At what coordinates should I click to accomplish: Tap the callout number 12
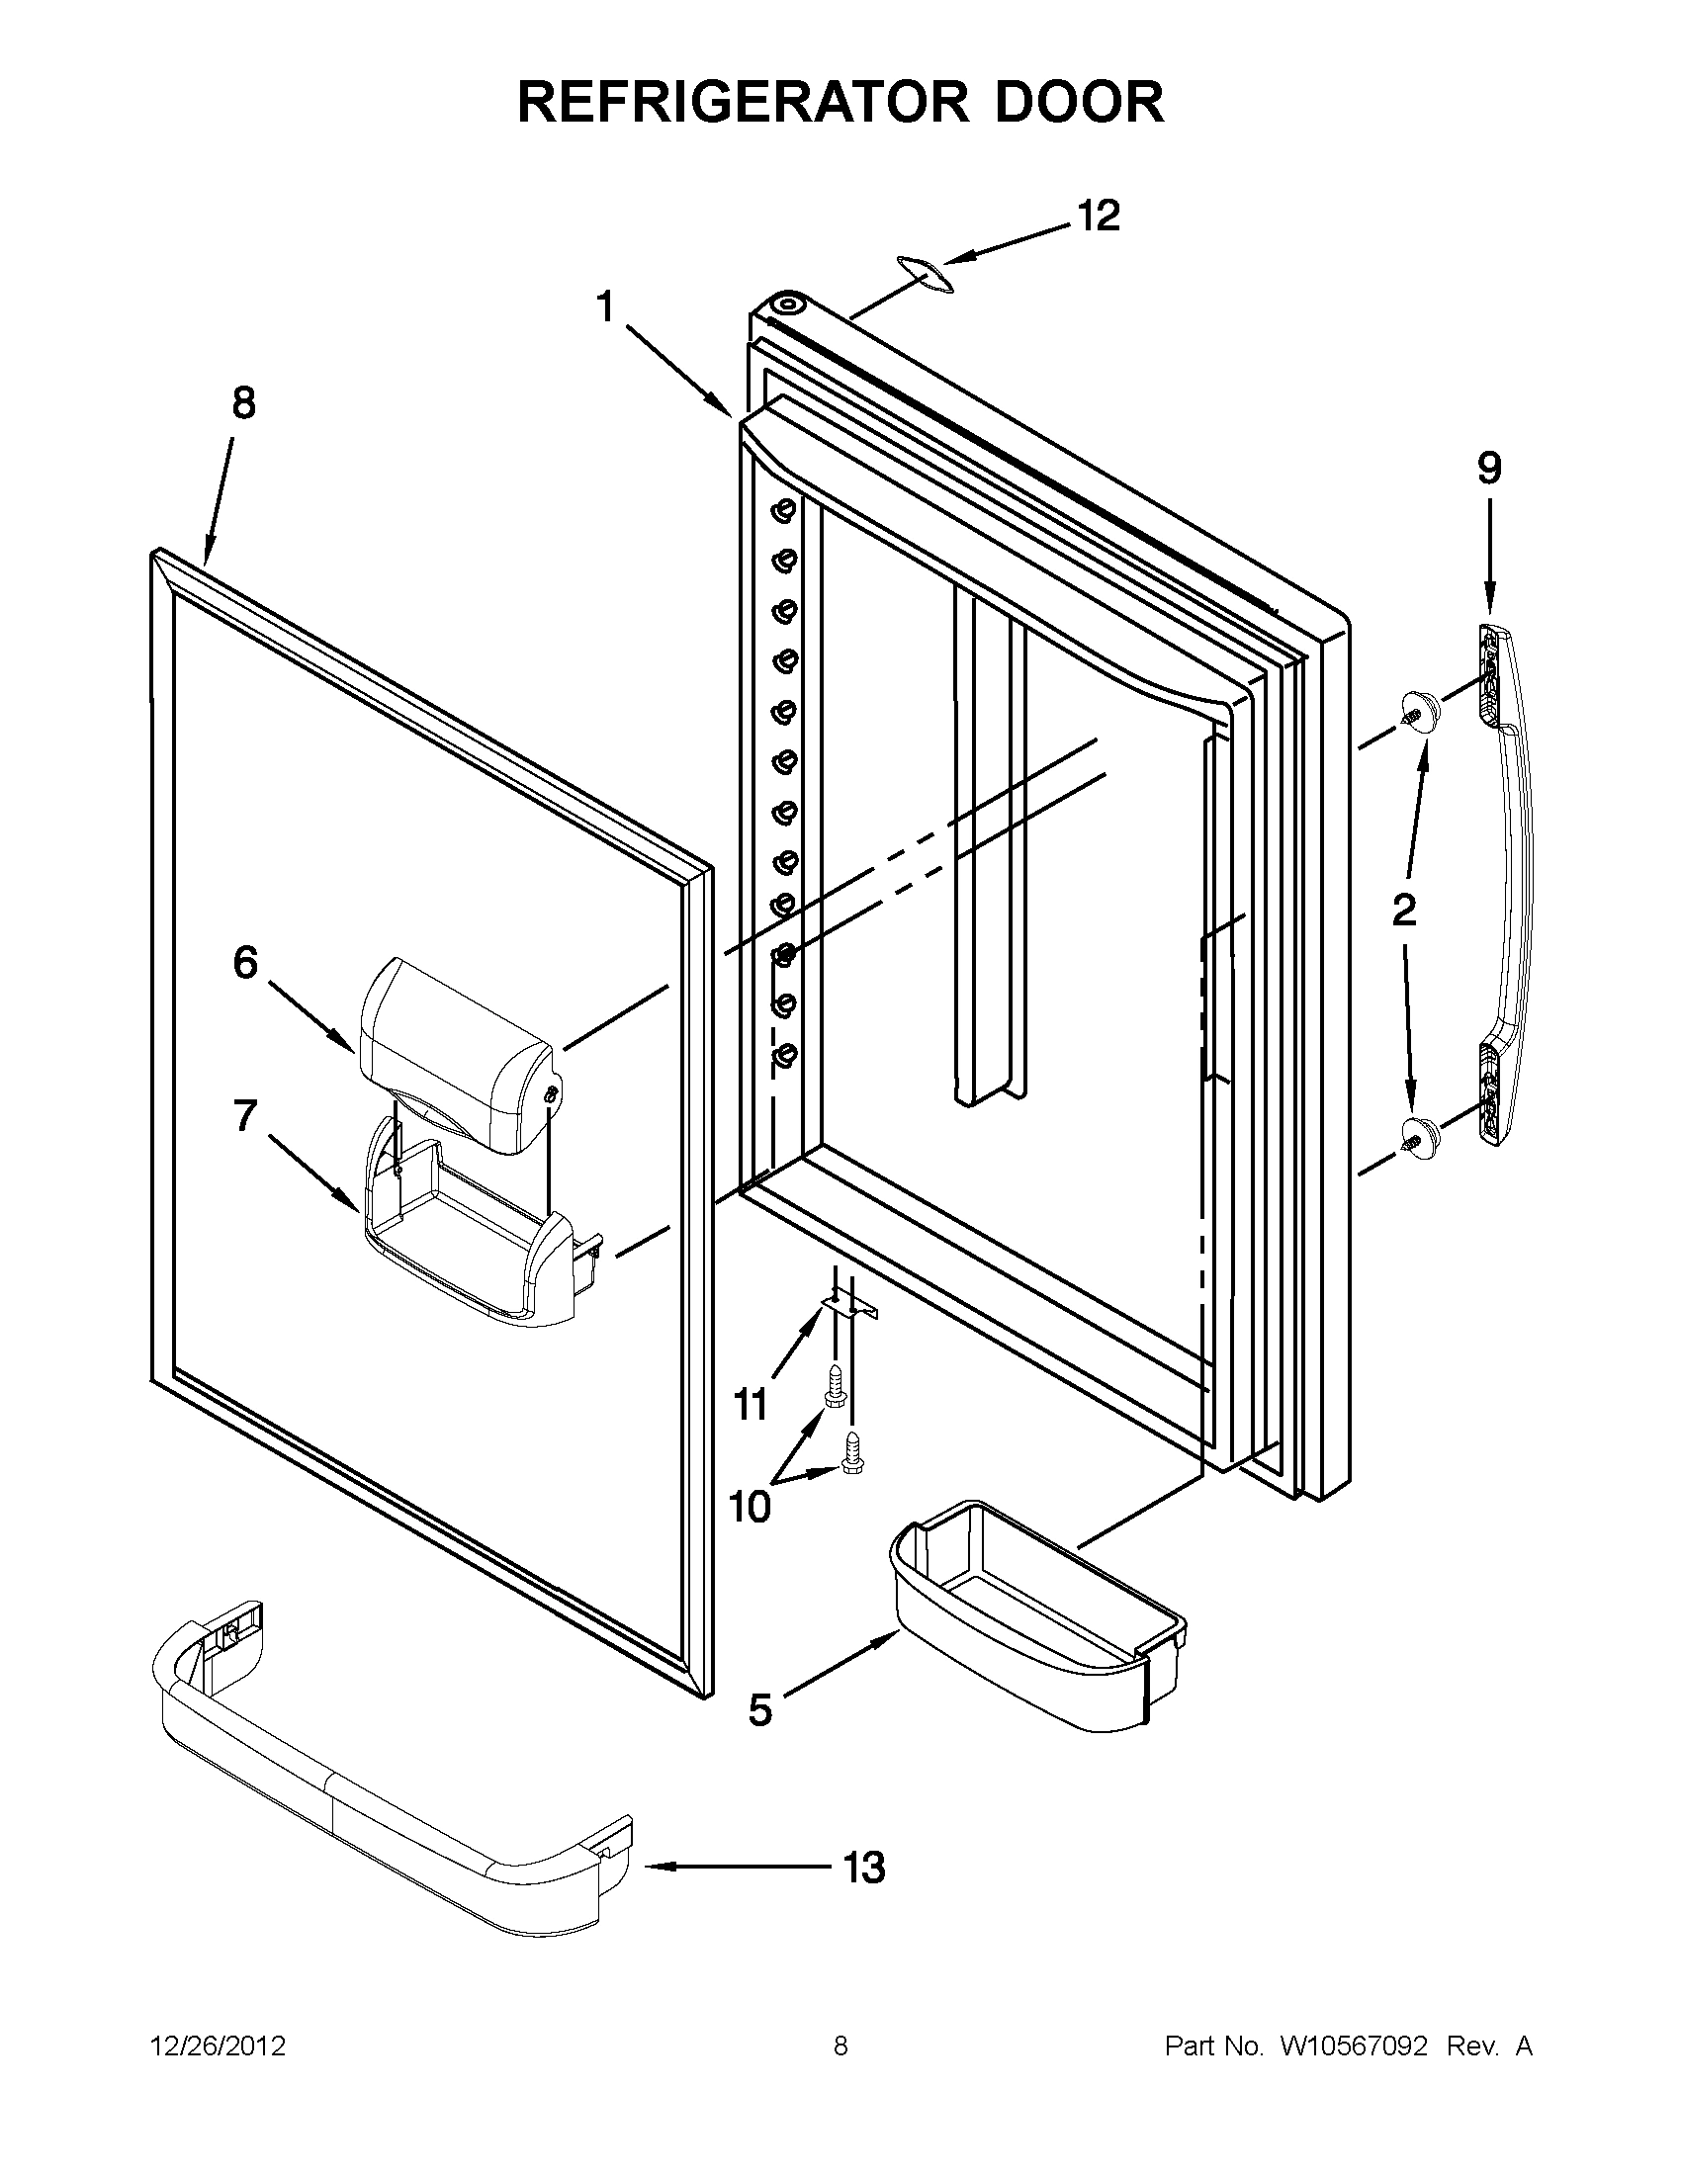coord(1098,217)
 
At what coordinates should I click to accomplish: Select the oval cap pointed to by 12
coord(923,273)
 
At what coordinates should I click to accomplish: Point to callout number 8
coord(243,403)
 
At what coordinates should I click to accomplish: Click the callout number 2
coord(1404,909)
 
